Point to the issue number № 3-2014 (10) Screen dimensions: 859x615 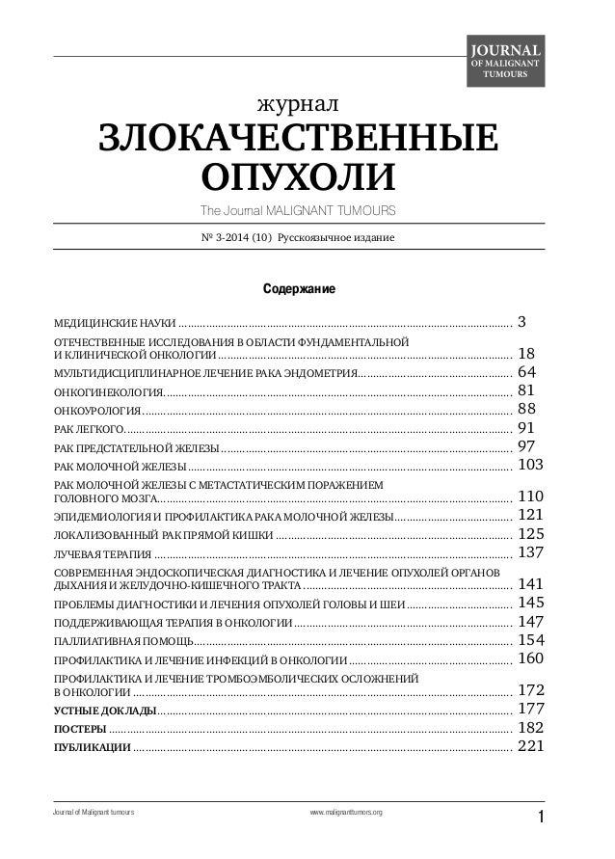234,237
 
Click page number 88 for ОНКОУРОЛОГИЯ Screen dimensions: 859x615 528,409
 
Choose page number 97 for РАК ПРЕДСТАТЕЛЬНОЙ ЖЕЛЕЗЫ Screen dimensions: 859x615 528,445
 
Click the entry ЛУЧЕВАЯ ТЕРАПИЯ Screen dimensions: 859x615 102,553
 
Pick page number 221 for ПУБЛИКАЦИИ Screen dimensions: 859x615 533,745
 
